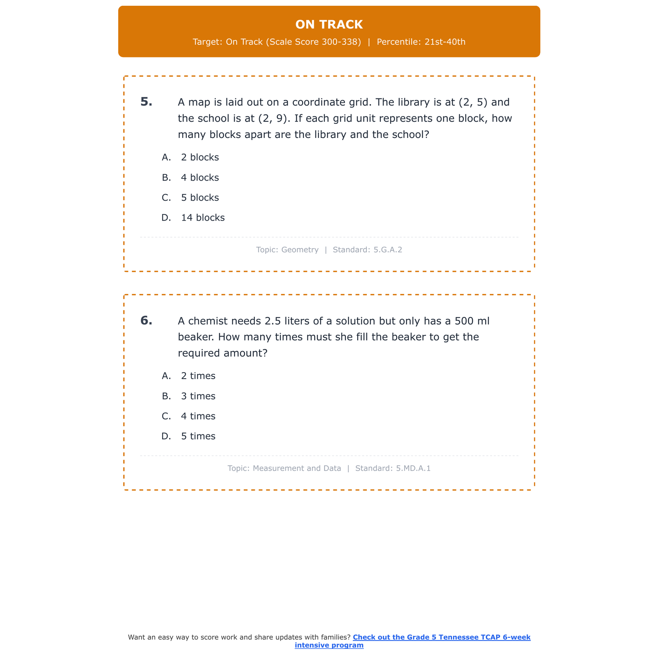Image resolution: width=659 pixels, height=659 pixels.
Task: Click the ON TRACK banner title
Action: [x=329, y=25]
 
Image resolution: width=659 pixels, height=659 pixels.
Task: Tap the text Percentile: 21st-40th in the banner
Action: [x=421, y=42]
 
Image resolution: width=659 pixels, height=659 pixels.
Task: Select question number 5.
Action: [x=146, y=102]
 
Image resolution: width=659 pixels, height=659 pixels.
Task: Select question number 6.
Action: [x=146, y=321]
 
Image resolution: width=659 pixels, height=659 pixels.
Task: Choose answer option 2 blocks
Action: [x=200, y=157]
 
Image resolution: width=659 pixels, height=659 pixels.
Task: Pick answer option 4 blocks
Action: [x=200, y=177]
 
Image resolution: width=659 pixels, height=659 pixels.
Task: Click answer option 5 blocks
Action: [x=200, y=198]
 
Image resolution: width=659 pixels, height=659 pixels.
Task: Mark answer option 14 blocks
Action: [x=203, y=218]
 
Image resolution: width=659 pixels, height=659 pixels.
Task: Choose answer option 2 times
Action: [x=198, y=376]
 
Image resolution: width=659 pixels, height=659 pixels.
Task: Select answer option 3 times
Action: [x=198, y=396]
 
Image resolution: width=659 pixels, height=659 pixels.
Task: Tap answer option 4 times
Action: [x=198, y=416]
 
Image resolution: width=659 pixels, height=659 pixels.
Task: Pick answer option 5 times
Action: [x=198, y=436]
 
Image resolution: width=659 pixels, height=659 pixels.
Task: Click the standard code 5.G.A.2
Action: [x=387, y=250]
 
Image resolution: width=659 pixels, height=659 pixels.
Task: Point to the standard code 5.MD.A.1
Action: [x=413, y=468]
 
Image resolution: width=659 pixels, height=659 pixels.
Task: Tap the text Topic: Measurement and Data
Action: [x=284, y=468]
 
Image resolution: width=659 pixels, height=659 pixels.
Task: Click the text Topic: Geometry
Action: [x=287, y=250]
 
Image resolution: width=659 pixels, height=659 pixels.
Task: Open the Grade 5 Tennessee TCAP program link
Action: [x=441, y=637]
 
